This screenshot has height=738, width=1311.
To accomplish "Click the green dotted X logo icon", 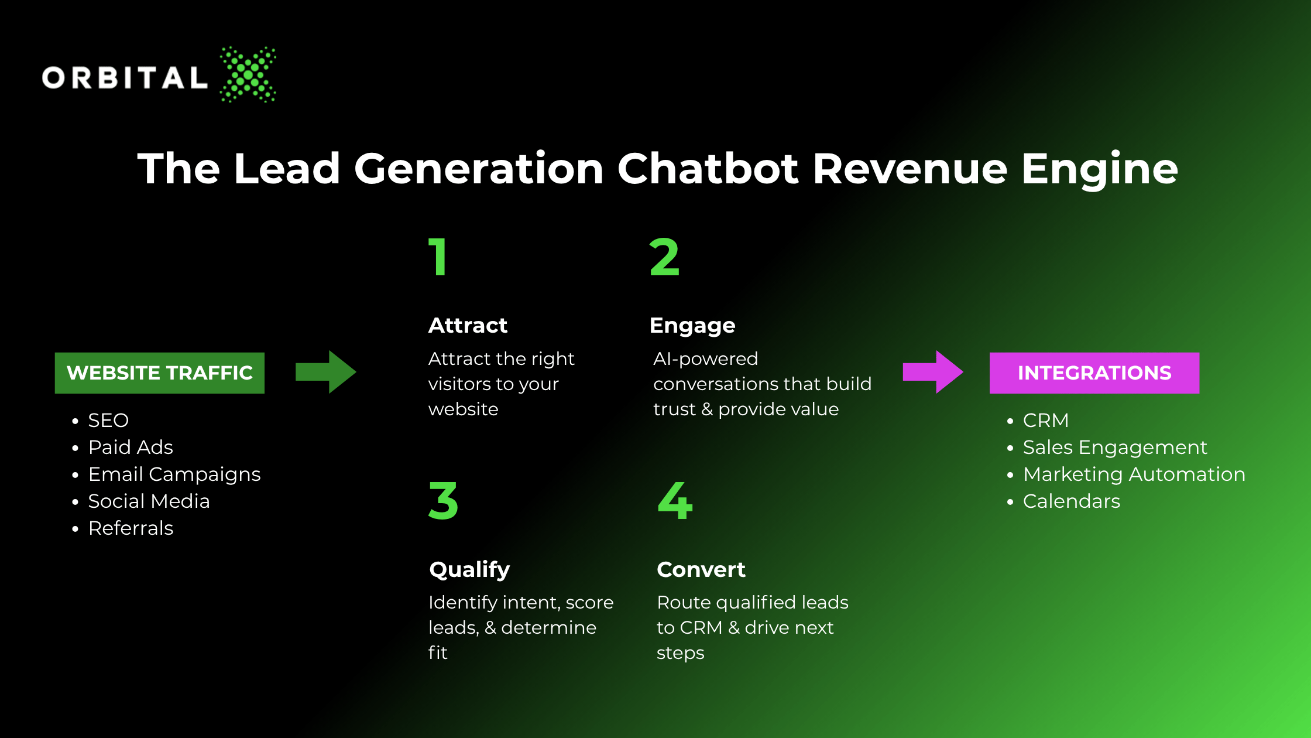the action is pyautogui.click(x=248, y=74).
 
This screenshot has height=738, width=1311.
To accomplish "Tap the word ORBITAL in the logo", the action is pyautogui.click(x=125, y=78).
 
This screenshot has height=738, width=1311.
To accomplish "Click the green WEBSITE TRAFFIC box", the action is pyautogui.click(x=160, y=373).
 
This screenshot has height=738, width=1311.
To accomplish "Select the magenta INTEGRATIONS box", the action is pyautogui.click(x=1094, y=373).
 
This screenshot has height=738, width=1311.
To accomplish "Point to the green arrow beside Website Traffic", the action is pyautogui.click(x=325, y=372).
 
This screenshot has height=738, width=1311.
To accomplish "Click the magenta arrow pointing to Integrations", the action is pyautogui.click(x=933, y=372).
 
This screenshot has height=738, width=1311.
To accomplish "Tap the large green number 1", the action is pyautogui.click(x=438, y=257).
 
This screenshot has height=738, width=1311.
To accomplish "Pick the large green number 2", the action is pyautogui.click(x=664, y=257).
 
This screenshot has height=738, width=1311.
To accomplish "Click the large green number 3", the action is pyautogui.click(x=443, y=501).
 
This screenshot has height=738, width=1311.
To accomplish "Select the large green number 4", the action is pyautogui.click(x=675, y=501).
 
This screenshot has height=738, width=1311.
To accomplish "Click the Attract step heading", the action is pyautogui.click(x=468, y=325).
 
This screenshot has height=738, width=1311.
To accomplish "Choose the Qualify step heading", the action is pyautogui.click(x=469, y=570).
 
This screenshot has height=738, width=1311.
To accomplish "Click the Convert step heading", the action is pyautogui.click(x=701, y=569).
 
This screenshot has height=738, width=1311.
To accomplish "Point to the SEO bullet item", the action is pyautogui.click(x=108, y=421).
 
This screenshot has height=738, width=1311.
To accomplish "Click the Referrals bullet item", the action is pyautogui.click(x=131, y=528).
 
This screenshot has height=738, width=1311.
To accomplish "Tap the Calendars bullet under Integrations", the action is pyautogui.click(x=1072, y=501).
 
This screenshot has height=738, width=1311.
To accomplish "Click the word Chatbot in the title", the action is pyautogui.click(x=708, y=169).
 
